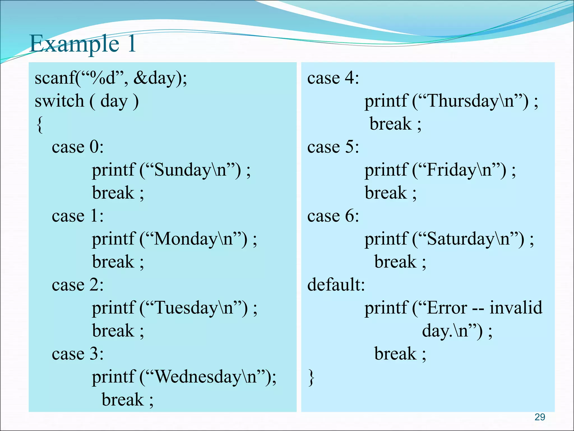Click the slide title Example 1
pos(82,44)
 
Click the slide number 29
pos(540,417)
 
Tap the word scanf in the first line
pos(54,78)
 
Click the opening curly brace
pos(40,125)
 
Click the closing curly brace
pos(311,377)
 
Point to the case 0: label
pos(78,147)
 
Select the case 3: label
pos(78,354)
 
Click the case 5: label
pos(333,147)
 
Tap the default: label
pos(336,285)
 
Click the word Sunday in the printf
pos(182,170)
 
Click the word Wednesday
pos(198,377)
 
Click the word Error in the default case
pos(447,308)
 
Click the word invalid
pos(516,308)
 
